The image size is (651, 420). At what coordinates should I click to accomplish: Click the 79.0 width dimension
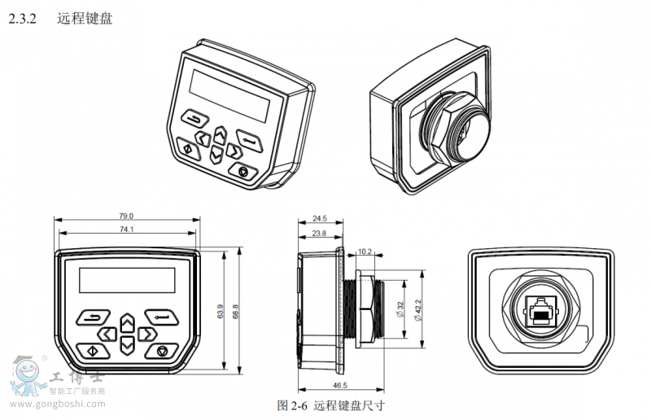pyautogui.click(x=126, y=216)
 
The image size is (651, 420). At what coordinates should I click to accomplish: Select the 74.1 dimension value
pyautogui.click(x=126, y=230)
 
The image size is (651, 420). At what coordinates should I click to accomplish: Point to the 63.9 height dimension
pyautogui.click(x=220, y=312)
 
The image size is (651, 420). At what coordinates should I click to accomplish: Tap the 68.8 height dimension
pyautogui.click(x=235, y=312)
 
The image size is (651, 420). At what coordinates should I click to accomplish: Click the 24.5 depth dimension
pyautogui.click(x=319, y=218)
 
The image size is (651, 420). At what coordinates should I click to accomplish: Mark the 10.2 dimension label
pyautogui.click(x=365, y=252)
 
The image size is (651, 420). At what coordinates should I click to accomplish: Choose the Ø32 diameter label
pyautogui.click(x=400, y=310)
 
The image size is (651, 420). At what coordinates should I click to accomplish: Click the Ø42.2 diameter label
pyautogui.click(x=417, y=310)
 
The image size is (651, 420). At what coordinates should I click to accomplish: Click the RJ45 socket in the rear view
pyautogui.click(x=540, y=310)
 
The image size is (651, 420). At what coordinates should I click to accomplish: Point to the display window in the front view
pyautogui.click(x=126, y=281)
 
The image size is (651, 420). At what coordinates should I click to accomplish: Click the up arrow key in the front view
pyautogui.click(x=127, y=322)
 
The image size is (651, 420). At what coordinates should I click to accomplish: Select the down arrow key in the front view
pyautogui.click(x=127, y=345)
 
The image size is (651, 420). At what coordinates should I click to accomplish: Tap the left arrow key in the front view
pyautogui.click(x=107, y=334)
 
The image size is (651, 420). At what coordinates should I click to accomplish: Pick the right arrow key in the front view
pyautogui.click(x=146, y=334)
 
